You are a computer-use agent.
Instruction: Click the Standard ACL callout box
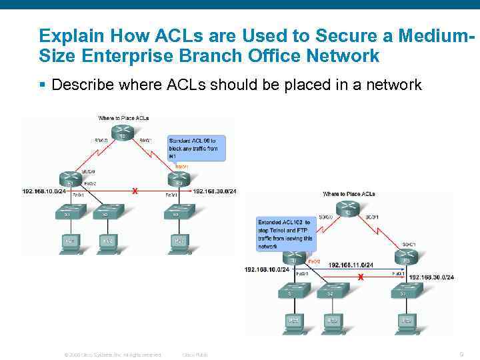(197, 148)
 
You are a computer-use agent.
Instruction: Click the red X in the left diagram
(134, 191)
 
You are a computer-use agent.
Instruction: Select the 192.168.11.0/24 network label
(351, 265)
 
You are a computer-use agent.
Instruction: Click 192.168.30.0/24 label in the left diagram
(215, 191)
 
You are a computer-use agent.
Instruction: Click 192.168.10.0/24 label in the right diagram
(267, 269)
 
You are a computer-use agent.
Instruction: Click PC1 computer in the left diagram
(69, 241)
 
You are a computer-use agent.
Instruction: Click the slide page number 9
(461, 354)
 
